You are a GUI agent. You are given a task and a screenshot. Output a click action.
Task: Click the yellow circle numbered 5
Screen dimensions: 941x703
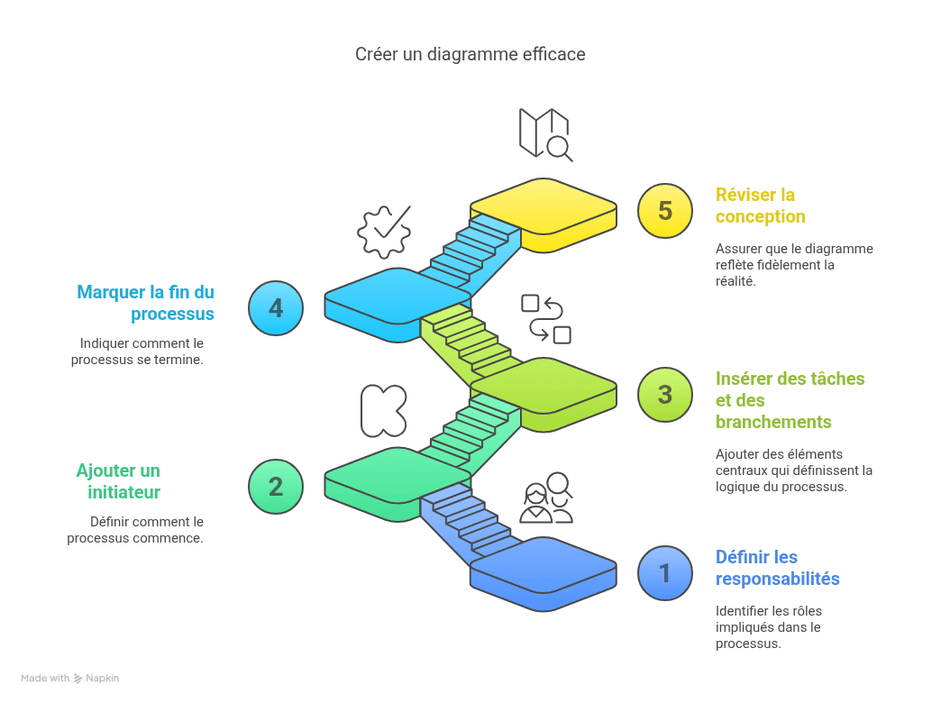665,211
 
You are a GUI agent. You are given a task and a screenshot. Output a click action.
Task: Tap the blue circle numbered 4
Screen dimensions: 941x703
276,308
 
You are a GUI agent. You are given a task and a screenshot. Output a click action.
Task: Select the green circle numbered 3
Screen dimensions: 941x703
665,395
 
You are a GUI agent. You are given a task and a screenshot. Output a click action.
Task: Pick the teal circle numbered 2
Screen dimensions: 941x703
276,487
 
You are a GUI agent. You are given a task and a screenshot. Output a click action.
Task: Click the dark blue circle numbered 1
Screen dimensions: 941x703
665,572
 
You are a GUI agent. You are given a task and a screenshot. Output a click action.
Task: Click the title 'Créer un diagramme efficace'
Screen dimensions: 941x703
470,55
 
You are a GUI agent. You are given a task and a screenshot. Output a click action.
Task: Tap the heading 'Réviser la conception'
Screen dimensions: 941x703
761,205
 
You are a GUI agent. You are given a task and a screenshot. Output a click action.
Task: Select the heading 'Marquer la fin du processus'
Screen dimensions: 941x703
146,303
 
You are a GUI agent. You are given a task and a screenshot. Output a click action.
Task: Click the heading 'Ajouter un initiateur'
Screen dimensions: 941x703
119,481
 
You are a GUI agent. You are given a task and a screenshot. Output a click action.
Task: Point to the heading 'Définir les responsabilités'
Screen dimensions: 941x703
777,567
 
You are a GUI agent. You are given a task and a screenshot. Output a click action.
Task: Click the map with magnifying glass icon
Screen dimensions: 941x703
545,135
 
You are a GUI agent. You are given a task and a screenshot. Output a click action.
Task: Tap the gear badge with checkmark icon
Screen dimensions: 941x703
385,232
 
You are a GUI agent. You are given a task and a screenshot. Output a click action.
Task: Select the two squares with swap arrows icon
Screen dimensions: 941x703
546,319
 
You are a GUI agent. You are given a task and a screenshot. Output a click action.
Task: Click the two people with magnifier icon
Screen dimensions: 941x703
546,498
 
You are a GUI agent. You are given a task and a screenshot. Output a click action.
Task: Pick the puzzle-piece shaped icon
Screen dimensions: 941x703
384,411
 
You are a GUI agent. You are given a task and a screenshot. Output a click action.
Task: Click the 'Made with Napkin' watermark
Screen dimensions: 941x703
70,678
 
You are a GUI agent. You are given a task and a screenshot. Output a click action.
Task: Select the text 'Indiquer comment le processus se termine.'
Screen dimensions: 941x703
137,351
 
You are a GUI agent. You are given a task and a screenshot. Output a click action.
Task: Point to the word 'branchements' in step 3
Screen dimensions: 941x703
773,422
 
